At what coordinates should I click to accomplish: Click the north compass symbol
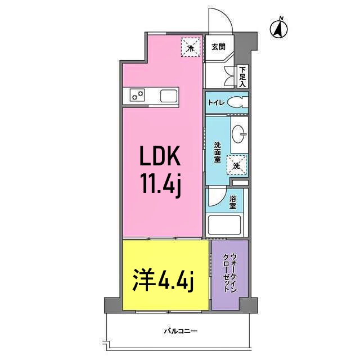(279, 29)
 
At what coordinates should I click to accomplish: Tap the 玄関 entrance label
(218, 47)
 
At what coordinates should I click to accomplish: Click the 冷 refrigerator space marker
(191, 47)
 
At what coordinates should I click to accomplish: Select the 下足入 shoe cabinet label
(242, 76)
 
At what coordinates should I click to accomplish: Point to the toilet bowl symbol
(238, 102)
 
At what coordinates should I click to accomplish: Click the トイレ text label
(216, 102)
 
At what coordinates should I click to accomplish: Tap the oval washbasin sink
(239, 134)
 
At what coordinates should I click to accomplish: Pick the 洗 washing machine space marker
(237, 165)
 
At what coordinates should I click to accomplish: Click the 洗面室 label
(217, 152)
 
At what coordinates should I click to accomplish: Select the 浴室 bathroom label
(232, 202)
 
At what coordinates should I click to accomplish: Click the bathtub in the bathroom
(224, 225)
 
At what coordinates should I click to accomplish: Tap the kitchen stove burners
(137, 95)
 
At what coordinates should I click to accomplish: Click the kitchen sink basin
(169, 96)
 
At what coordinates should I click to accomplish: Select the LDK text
(160, 156)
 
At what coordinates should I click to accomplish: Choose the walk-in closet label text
(230, 273)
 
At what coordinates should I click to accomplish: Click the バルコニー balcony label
(181, 331)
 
